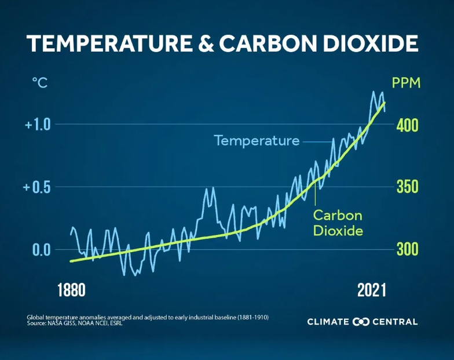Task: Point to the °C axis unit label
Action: tap(39, 83)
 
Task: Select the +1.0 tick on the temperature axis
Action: tap(38, 125)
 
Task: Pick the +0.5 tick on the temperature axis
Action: tap(38, 187)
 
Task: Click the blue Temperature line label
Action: tap(257, 141)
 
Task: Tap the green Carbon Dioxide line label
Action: tap(338, 223)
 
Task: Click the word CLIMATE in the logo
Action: tap(328, 322)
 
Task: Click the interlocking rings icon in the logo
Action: tap(361, 322)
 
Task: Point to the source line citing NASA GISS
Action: tap(75, 323)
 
